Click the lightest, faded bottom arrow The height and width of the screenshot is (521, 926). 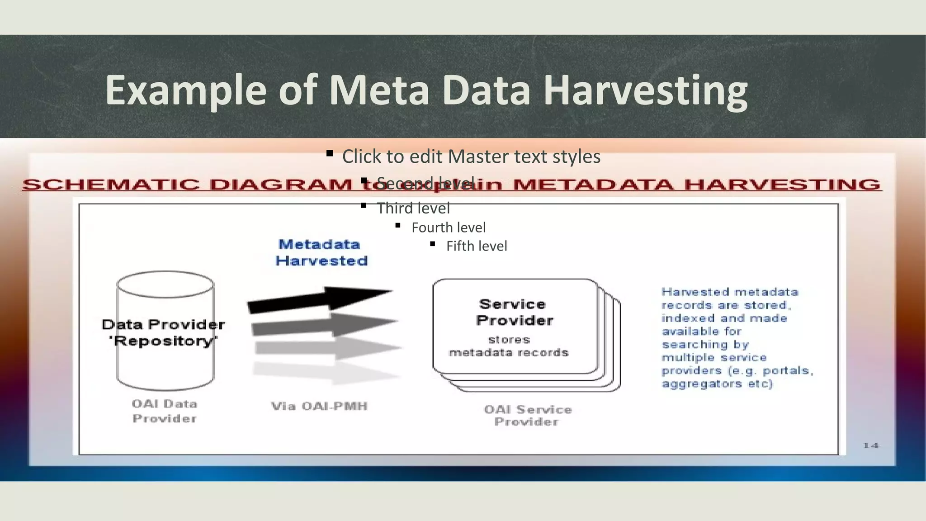pyautogui.click(x=326, y=372)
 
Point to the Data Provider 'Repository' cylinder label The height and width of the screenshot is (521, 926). pyautogui.click(x=163, y=332)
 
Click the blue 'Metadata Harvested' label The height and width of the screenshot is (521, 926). pyautogui.click(x=321, y=252)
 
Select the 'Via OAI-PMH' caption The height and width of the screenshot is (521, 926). pyautogui.click(x=319, y=406)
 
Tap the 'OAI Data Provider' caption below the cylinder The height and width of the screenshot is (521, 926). pyautogui.click(x=165, y=411)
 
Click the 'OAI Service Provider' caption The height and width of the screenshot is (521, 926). pyautogui.click(x=527, y=415)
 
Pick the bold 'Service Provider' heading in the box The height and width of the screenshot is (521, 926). pyautogui.click(x=514, y=312)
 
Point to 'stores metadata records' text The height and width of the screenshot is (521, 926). pyautogui.click(x=509, y=346)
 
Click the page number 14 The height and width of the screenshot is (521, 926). pyautogui.click(x=870, y=445)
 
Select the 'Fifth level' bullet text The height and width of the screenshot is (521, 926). pyautogui.click(x=477, y=246)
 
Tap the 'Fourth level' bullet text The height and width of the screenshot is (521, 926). pyautogui.click(x=449, y=227)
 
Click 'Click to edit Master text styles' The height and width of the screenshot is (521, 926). pyautogui.click(x=471, y=156)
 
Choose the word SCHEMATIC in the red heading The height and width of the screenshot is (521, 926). pyautogui.click(x=111, y=185)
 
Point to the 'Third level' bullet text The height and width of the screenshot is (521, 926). pyautogui.click(x=413, y=208)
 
